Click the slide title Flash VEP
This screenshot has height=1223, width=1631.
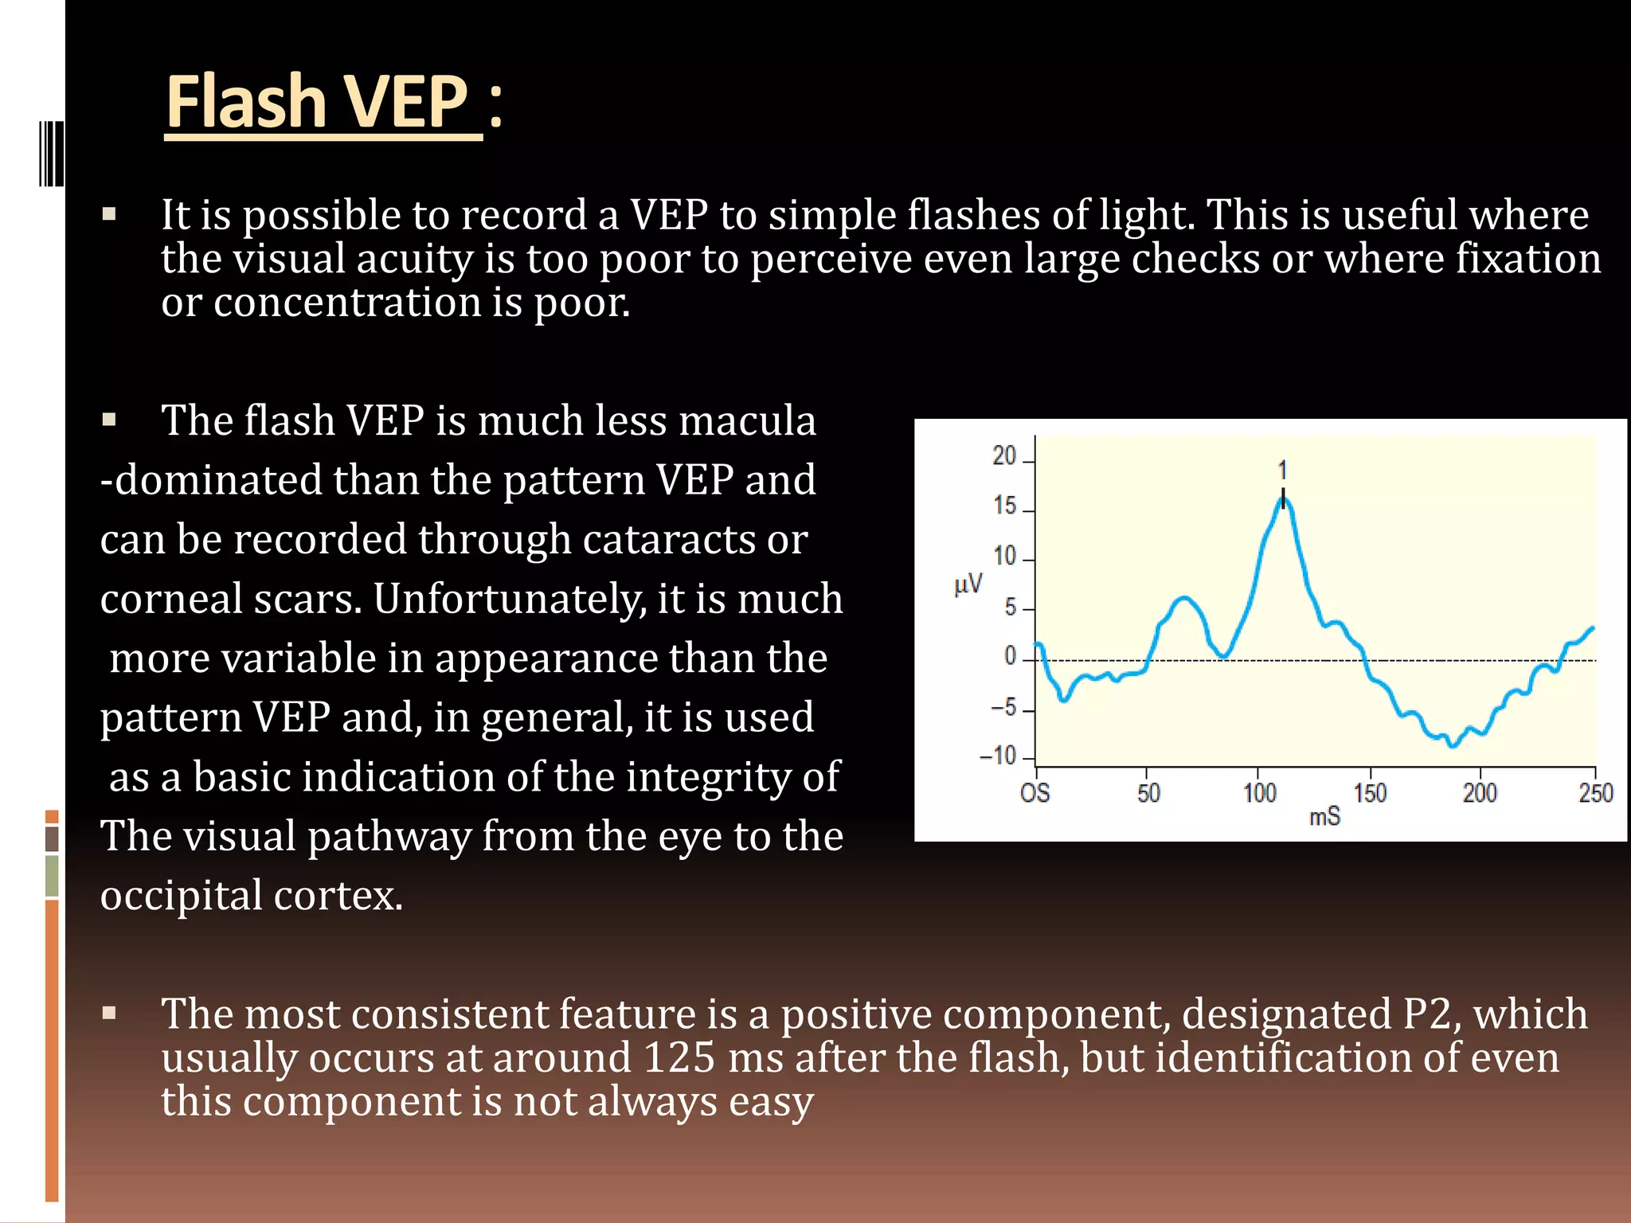click(x=317, y=101)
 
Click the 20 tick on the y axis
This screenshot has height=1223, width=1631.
click(x=1004, y=456)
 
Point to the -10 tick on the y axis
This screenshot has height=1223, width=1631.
click(x=999, y=755)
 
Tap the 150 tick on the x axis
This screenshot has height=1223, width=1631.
click(x=1370, y=793)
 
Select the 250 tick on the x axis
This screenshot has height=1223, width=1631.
click(x=1595, y=793)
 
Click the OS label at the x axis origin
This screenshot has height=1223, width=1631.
click(x=1035, y=793)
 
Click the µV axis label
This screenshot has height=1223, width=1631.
click(x=968, y=585)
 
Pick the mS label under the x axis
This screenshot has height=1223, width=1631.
click(x=1324, y=817)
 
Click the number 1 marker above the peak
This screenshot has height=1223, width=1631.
click(x=1282, y=470)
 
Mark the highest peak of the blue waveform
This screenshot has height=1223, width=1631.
click(x=1283, y=499)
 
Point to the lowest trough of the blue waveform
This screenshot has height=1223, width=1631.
click(x=1453, y=745)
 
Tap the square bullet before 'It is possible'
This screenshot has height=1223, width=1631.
click(x=109, y=214)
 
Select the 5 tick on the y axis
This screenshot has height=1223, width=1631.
click(x=1010, y=608)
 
